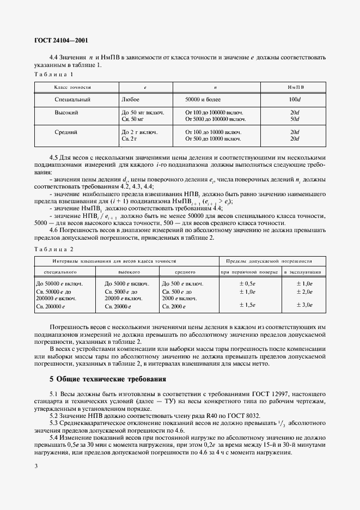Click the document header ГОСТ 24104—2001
61,40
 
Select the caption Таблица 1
53,74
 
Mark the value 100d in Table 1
295,100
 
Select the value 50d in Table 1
295,118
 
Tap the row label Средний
66,132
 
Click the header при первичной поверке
249,271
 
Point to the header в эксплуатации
303,271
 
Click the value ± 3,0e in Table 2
304,305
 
